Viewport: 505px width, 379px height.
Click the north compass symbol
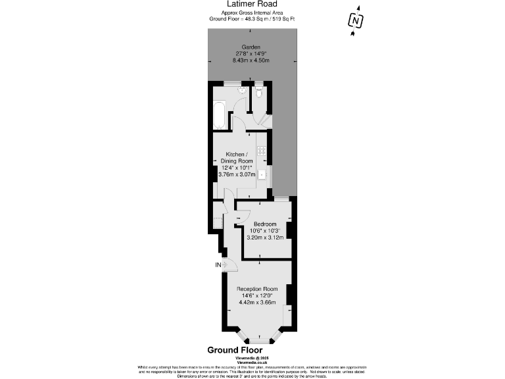point(356,21)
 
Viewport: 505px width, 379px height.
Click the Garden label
point(251,47)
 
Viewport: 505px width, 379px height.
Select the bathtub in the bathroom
point(220,116)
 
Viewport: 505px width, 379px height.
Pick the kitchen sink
point(262,175)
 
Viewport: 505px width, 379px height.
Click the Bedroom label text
point(265,224)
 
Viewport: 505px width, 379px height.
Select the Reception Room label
point(257,289)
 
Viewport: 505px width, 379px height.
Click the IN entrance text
point(218,265)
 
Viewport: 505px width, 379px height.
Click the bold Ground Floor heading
point(235,350)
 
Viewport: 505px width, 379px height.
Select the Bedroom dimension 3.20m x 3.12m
point(265,237)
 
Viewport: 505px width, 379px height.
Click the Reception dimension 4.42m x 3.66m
point(257,302)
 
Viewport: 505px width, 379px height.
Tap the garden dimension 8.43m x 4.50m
point(251,60)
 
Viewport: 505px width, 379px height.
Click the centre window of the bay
point(257,340)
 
